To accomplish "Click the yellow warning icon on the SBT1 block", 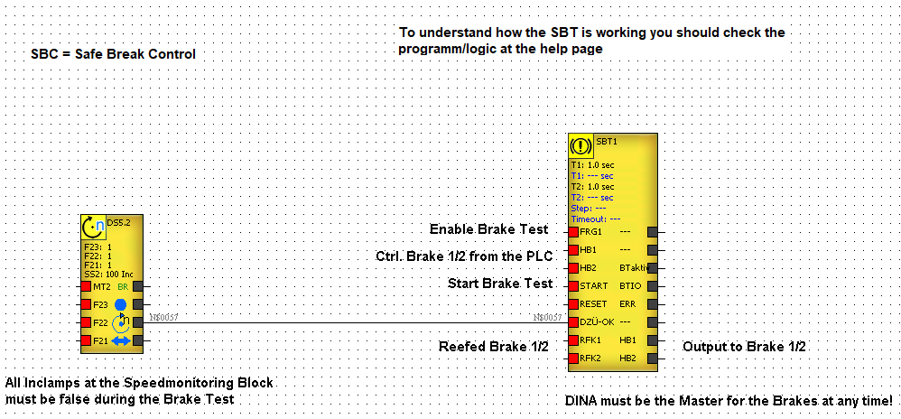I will (582, 146).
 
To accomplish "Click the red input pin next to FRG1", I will (572, 232).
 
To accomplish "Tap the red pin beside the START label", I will (572, 286).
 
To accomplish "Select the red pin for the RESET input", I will (572, 304).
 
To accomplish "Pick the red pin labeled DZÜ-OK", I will (572, 322).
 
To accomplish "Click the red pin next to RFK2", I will (572, 358).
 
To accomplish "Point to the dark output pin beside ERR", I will (653, 304).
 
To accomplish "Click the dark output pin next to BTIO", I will (653, 286).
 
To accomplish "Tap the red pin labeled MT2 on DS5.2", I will (86, 286).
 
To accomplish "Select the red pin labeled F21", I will (86, 340).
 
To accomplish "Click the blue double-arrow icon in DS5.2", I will (121, 340).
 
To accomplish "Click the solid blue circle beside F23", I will (121, 304).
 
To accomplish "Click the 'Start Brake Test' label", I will (500, 284).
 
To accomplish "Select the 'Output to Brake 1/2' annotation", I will (744, 347).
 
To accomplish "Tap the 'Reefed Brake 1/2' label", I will (494, 347).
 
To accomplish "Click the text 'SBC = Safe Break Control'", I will (114, 54).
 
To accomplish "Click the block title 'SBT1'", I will (607, 142).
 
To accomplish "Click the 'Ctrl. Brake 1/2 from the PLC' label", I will (464, 256).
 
